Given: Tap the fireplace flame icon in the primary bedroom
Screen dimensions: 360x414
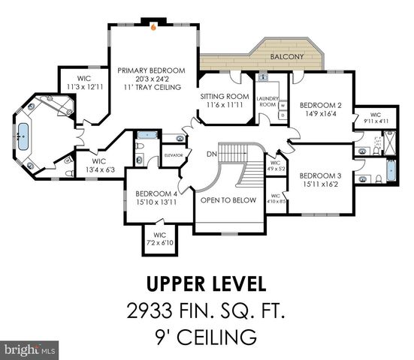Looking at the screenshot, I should point(153,28).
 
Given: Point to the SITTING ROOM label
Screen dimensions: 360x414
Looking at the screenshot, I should point(224,97).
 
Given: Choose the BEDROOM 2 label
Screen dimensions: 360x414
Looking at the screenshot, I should point(321,106).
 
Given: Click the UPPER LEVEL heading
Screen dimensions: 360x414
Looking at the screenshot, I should point(205,284).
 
